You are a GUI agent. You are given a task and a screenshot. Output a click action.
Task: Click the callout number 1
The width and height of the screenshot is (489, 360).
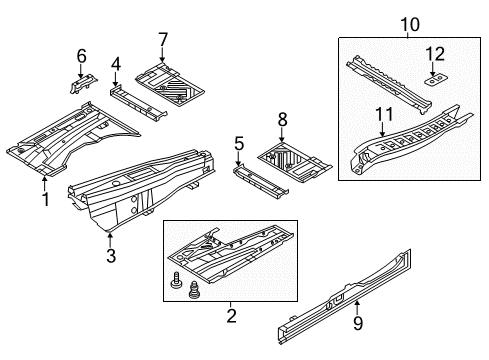46,199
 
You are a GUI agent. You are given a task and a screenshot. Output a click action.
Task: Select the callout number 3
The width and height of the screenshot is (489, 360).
111,256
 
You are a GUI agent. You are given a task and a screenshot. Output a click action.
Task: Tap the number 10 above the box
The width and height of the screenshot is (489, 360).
410,25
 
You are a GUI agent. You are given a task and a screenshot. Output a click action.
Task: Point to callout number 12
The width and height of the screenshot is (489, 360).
435,54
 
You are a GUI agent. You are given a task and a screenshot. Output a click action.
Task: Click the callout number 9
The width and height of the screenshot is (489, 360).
358,323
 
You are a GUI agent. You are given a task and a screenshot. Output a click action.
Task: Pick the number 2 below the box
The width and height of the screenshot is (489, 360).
231,316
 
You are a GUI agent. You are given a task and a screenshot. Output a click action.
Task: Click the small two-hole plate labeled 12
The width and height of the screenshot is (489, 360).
436,80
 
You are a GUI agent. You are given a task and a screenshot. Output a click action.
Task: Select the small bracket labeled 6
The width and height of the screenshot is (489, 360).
84,83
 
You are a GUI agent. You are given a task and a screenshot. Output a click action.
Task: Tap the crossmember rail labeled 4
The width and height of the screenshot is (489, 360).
138,103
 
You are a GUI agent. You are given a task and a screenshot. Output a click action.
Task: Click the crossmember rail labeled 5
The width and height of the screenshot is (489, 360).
260,182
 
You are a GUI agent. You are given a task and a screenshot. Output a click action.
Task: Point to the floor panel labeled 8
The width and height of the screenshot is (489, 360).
294,162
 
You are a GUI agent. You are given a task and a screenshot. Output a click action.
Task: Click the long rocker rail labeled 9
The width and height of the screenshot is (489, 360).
345,297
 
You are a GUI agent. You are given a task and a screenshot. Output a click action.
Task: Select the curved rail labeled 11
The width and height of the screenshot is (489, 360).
410,140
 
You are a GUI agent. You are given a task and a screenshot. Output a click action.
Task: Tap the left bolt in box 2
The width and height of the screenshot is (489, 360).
176,281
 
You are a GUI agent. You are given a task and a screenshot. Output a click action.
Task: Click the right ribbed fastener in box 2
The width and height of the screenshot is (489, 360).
193,289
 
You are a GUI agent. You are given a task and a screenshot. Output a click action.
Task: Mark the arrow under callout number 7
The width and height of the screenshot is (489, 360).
162,55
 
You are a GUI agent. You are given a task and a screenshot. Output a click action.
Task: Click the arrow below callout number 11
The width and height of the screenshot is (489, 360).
382,129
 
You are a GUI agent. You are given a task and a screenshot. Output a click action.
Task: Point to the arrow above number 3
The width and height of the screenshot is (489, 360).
110,240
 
